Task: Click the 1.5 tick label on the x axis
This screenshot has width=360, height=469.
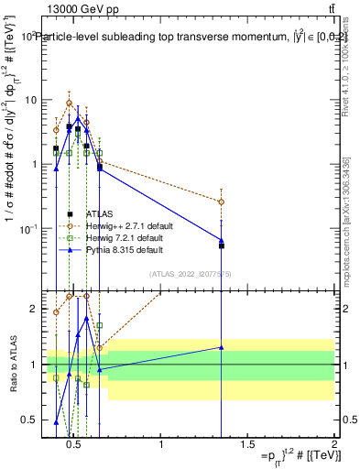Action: (x=248, y=445)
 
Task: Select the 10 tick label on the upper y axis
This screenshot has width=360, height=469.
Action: (x=30, y=100)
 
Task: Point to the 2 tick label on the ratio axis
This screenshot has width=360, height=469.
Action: (x=32, y=310)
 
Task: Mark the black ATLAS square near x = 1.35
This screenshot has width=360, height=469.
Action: (x=222, y=245)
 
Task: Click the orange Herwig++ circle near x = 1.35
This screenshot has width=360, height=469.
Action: (x=222, y=202)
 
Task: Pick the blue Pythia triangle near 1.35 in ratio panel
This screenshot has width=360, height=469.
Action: (x=222, y=347)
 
